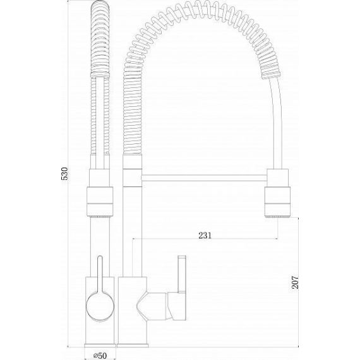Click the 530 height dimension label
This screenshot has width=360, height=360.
(65, 174)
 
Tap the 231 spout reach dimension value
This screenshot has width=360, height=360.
(205, 236)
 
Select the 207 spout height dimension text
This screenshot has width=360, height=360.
(295, 282)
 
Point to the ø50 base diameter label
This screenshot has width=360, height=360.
(100, 356)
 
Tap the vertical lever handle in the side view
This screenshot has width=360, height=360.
(181, 273)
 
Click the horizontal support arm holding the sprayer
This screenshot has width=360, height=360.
(204, 178)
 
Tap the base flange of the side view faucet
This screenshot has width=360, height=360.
(133, 345)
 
